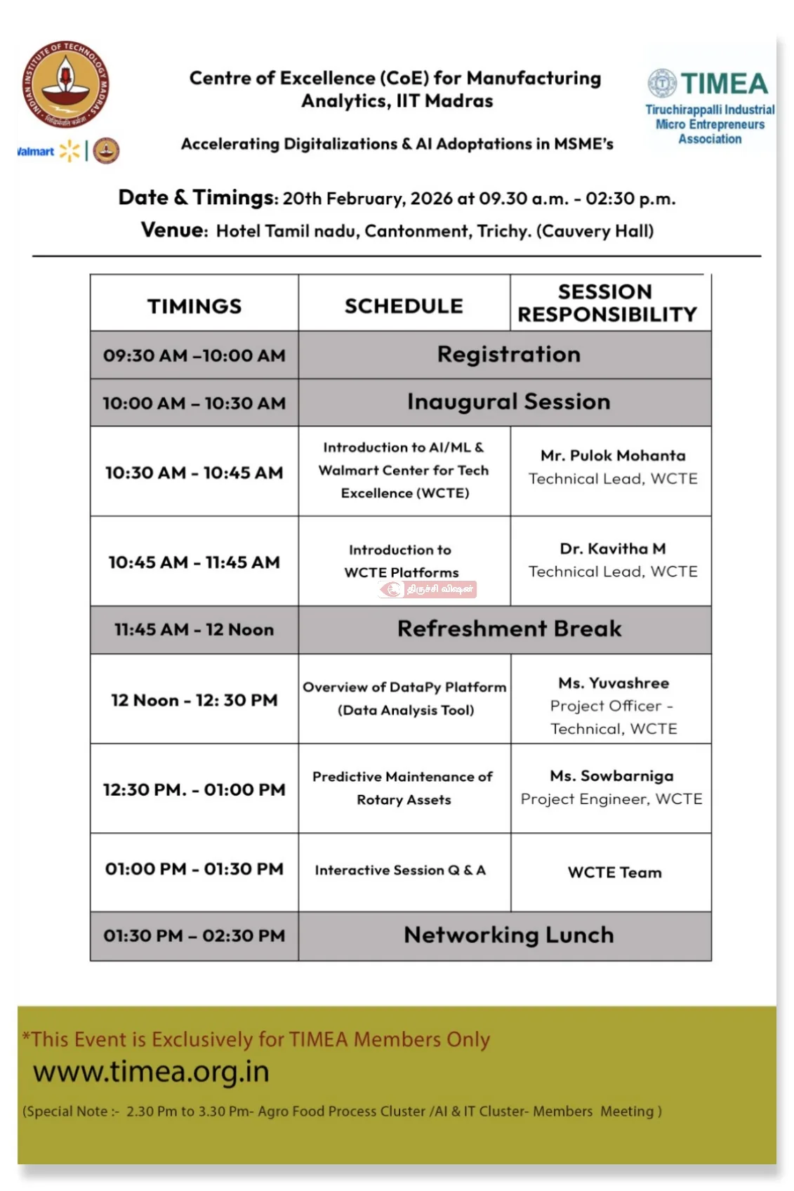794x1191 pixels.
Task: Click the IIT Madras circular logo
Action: tap(65, 84)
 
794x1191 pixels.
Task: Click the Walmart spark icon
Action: tap(70, 150)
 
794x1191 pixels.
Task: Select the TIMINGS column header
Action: tap(194, 306)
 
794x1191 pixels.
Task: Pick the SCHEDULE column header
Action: tap(404, 306)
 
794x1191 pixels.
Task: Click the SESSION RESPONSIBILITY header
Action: tap(607, 303)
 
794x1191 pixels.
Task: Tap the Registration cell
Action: tap(508, 355)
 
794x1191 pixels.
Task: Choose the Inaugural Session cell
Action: tap(508, 402)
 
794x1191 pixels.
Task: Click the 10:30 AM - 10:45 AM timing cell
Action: tap(194, 473)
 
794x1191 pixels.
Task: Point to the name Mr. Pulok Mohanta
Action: tap(613, 456)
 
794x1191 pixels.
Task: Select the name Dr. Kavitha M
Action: tap(613, 548)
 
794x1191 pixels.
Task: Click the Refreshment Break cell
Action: tap(509, 629)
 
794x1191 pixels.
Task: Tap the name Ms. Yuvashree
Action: tap(614, 683)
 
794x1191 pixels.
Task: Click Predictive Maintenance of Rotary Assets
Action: tap(403, 788)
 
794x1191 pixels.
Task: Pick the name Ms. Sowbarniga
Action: tap(611, 776)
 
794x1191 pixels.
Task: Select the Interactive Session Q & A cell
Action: tap(400, 871)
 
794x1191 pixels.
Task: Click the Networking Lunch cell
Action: tap(508, 935)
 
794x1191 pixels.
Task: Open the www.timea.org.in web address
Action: tap(151, 1072)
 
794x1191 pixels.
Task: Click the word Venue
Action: tap(174, 230)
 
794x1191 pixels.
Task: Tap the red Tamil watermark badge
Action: tap(428, 589)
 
